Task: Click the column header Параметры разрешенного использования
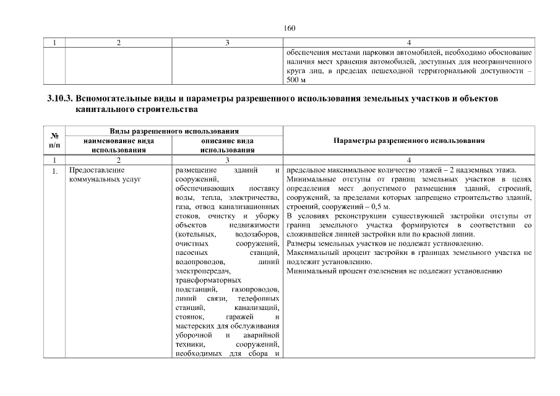click(x=409, y=140)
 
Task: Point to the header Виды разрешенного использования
click(x=174, y=132)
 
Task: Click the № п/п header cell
click(x=54, y=140)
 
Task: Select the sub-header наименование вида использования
click(x=118, y=145)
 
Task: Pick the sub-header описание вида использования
click(x=227, y=145)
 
